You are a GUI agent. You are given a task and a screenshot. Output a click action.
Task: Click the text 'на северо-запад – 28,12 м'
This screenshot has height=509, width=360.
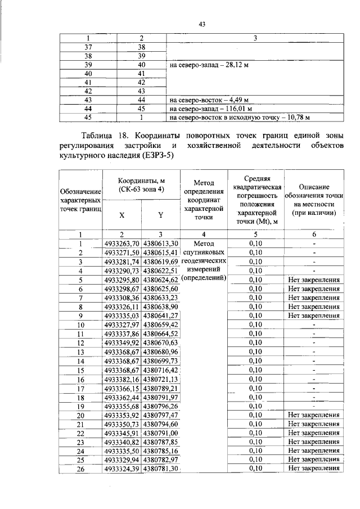(209, 65)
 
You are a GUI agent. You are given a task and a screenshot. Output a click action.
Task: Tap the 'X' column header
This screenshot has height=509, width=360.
(122, 214)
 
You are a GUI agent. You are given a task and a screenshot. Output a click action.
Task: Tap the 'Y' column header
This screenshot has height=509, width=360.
(160, 214)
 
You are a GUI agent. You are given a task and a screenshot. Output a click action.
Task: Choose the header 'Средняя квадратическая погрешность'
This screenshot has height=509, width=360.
(256, 192)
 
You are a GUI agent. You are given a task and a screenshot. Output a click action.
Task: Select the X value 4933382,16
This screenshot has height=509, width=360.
(122, 379)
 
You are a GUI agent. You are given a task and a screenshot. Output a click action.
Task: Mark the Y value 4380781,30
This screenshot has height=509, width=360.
(160, 468)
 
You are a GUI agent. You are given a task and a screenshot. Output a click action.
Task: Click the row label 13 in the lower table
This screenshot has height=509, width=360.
(80, 352)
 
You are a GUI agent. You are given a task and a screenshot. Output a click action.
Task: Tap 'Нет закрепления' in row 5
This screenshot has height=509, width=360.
(313, 280)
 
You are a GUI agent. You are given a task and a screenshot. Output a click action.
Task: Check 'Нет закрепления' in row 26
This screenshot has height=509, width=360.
(313, 468)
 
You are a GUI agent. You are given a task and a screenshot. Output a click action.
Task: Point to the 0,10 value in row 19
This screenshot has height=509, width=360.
(256, 406)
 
